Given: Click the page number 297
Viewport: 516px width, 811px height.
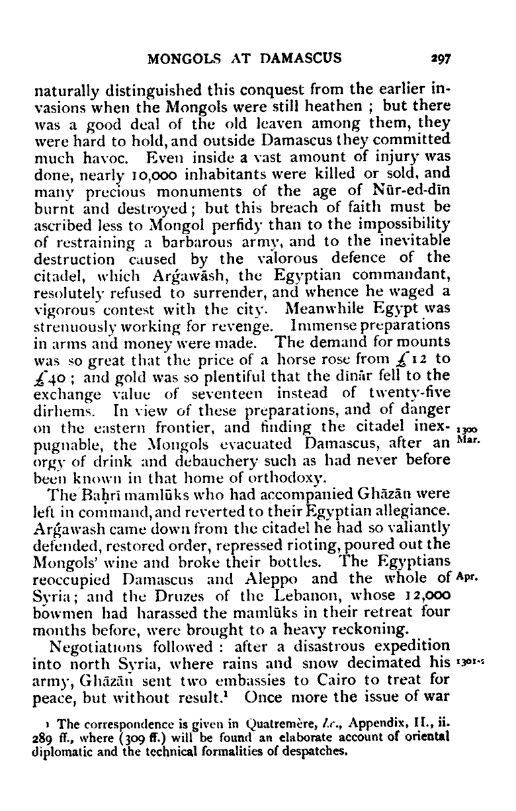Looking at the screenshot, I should pos(438,58).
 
